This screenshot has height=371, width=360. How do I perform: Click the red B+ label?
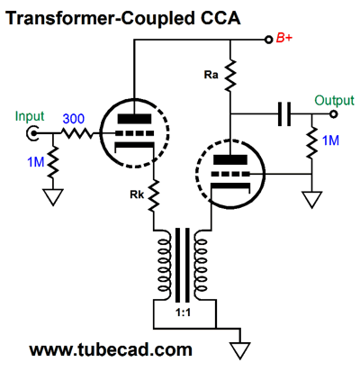[x=283, y=39]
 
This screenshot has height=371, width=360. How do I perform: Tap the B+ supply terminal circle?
[x=268, y=40]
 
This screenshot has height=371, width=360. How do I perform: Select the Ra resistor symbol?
[x=230, y=76]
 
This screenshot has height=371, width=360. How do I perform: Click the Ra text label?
[x=211, y=75]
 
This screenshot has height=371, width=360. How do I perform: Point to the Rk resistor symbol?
[x=154, y=195]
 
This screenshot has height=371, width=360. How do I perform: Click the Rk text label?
[x=137, y=195]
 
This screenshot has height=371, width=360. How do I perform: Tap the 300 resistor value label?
[x=74, y=119]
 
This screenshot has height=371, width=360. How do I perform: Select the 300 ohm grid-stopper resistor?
[x=77, y=133]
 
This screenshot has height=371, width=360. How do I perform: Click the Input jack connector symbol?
[x=31, y=133]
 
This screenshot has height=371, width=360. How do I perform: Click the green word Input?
[x=30, y=116]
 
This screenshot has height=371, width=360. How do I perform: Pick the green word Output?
[x=334, y=101]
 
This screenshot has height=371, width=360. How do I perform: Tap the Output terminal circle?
[x=334, y=114]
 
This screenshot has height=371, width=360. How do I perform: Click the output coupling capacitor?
[x=284, y=114]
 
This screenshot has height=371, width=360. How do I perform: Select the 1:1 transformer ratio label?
[x=183, y=312]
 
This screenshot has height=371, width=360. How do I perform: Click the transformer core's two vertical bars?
[x=183, y=265]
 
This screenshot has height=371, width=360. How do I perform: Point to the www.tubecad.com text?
[x=111, y=350]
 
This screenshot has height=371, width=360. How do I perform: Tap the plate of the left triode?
[x=134, y=119]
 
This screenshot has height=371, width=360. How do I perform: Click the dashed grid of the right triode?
[x=230, y=174]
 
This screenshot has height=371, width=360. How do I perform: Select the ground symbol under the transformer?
[x=239, y=350]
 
